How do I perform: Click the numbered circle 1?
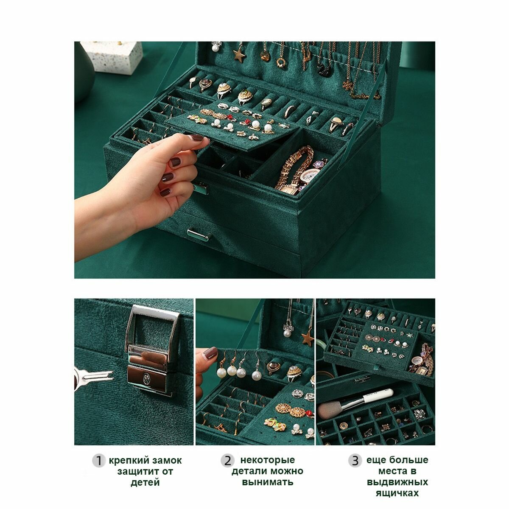pos(98,461)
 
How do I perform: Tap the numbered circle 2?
pos(227,461)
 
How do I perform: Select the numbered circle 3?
pos(355,461)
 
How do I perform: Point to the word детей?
pos(145,483)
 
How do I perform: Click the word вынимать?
pos(267,482)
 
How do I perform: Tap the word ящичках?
pos(397,493)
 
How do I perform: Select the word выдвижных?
pos(397,482)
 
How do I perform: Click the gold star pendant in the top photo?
pos(239,56)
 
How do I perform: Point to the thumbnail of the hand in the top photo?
pos(198,137)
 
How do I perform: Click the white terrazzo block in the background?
pos(112,57)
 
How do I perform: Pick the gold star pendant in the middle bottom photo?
pos(308,338)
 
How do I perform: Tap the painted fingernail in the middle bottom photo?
pos(210,352)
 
